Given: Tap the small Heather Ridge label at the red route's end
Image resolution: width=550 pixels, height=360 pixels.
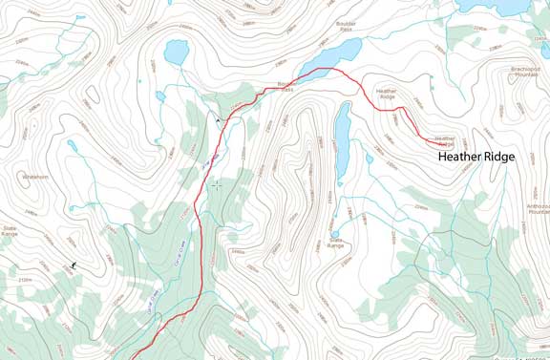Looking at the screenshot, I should pyautogui.click(x=445, y=140).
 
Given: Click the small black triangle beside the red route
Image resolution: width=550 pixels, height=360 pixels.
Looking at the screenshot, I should pyautogui.click(x=219, y=120).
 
